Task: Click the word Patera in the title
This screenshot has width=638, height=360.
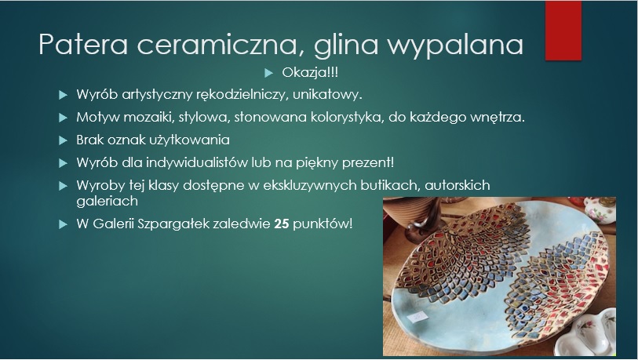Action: click(x=83, y=44)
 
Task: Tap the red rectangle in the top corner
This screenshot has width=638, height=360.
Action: click(x=563, y=31)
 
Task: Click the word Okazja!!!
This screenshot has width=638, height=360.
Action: click(x=310, y=72)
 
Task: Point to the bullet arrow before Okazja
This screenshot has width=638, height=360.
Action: click(x=268, y=73)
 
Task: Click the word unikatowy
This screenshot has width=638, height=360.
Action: click(x=327, y=94)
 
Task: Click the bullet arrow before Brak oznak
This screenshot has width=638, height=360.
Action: click(x=63, y=140)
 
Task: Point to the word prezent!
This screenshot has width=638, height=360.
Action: click(x=368, y=162)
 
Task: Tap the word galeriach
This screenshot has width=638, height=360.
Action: click(x=107, y=201)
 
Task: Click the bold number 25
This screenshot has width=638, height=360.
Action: click(x=282, y=224)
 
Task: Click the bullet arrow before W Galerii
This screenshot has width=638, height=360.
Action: click(x=63, y=224)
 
